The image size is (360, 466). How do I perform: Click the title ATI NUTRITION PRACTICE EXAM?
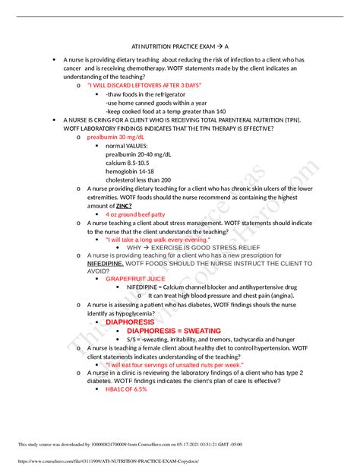coord(180,45)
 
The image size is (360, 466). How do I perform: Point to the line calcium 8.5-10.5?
coord(128,163)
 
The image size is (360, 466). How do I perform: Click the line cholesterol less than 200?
coord(138,180)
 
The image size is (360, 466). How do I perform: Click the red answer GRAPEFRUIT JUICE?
coord(135,279)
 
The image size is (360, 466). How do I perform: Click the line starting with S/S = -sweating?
coord(211,340)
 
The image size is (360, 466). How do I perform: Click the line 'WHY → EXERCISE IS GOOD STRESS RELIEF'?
coord(182,248)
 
